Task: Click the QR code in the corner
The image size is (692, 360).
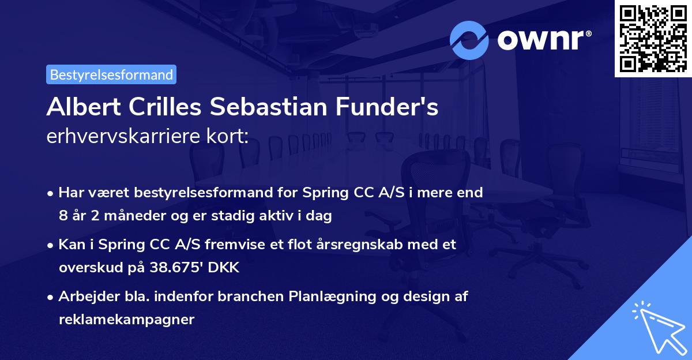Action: click(652, 38)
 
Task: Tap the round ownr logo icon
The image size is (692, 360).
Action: click(470, 40)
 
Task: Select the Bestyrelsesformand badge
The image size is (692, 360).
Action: click(111, 74)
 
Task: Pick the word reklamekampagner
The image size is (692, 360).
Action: click(126, 319)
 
